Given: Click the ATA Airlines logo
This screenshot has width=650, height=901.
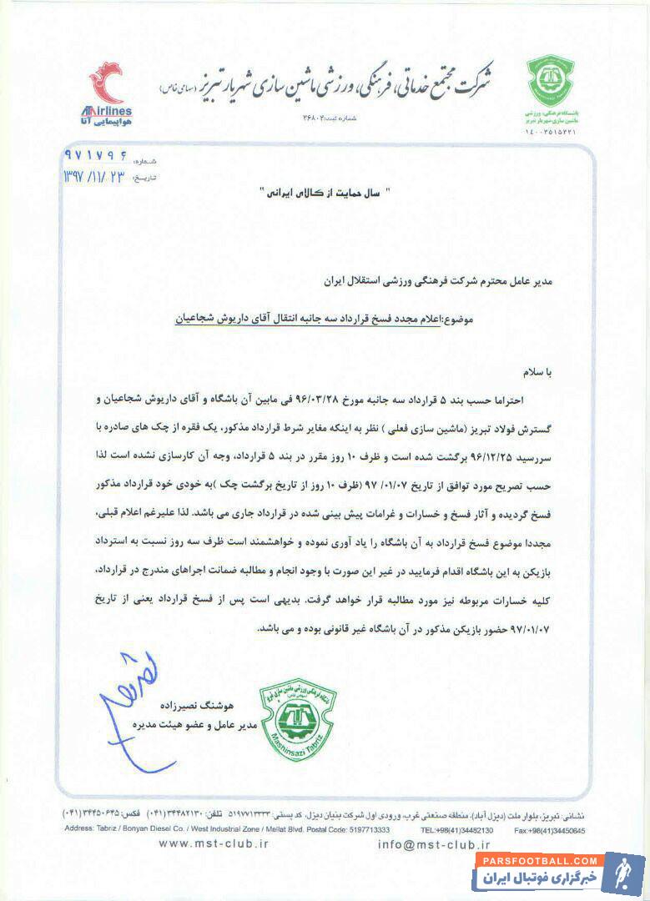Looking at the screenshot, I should click(110, 93).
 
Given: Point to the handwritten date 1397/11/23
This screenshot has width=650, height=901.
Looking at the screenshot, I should click(94, 178).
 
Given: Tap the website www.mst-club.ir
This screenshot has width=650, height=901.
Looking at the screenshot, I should click(213, 843).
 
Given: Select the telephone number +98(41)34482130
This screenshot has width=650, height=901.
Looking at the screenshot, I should click(457, 830).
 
